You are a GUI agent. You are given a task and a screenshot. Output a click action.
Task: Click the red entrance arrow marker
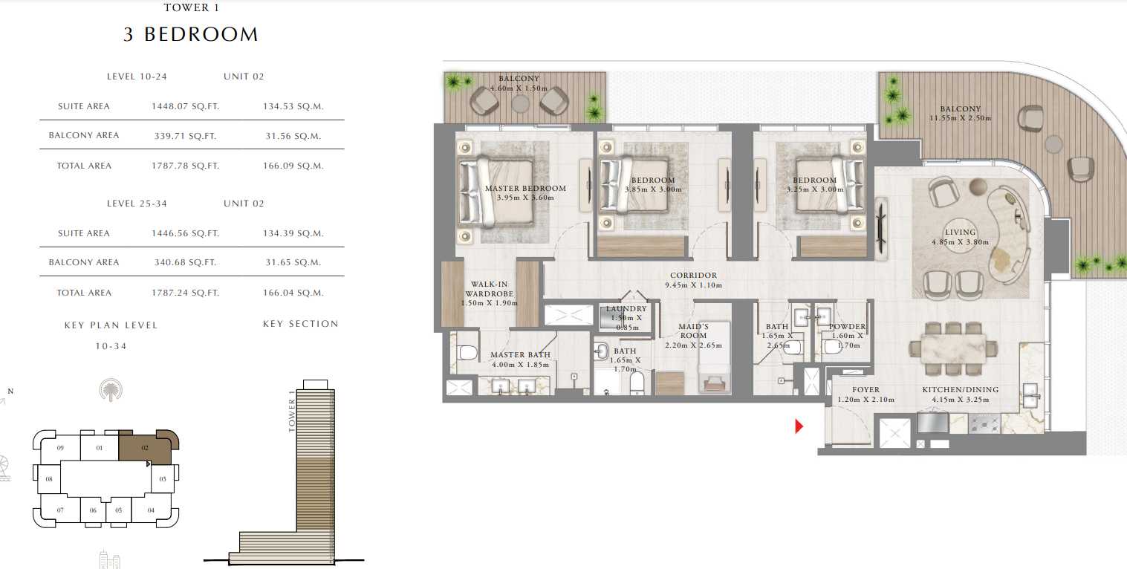tap(799, 426)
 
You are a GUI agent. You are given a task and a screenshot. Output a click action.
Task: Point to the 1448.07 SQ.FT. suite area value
tap(185, 106)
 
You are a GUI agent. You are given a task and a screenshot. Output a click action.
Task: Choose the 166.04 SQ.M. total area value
tap(293, 293)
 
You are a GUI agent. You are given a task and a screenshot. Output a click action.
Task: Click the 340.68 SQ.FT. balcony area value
tap(185, 262)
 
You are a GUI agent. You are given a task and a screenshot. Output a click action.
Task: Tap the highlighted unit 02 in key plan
tap(146, 448)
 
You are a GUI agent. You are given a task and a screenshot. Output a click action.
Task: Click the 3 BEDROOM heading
tap(191, 34)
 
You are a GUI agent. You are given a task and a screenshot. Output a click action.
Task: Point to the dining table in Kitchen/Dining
tap(953, 347)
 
